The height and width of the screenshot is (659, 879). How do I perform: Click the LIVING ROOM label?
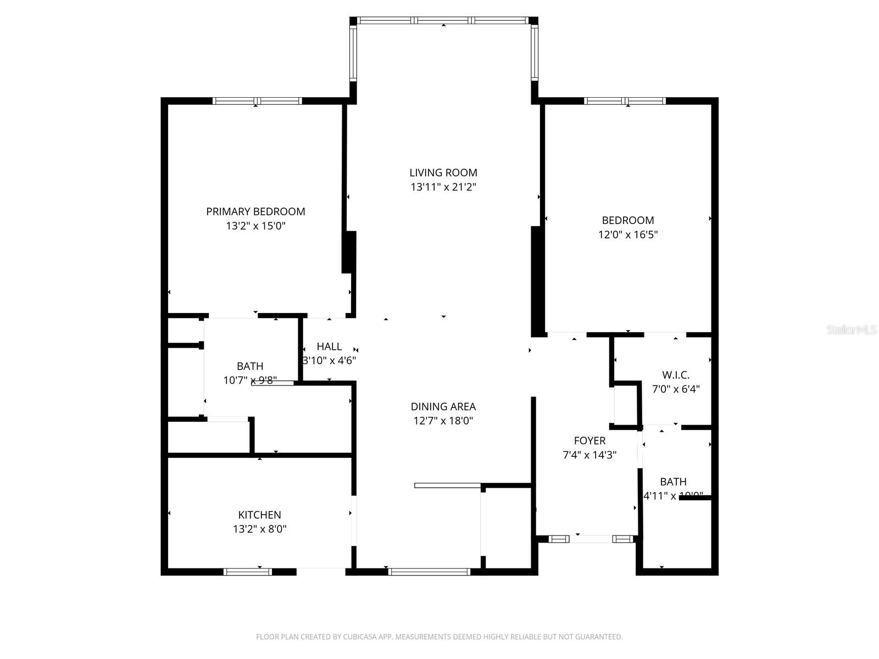pos(443,172)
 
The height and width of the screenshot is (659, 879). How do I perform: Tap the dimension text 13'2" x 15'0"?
pos(255,226)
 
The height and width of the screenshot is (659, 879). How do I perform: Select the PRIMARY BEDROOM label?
pos(255,211)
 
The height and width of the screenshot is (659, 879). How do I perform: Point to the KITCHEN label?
pos(259,515)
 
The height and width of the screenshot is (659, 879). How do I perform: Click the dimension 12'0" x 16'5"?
pos(628,234)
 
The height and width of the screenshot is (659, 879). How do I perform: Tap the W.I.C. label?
pos(675,375)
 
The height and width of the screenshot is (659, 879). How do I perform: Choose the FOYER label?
pos(589,440)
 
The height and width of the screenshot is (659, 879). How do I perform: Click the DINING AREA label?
pos(443,406)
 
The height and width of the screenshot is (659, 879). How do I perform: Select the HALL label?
pos(329,347)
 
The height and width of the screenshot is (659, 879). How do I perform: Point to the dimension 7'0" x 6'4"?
pos(675,389)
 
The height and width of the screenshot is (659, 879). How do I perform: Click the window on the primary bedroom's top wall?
pos(257,101)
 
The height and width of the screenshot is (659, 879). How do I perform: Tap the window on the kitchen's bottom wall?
pos(248,572)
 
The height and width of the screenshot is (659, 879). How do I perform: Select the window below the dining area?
pos(429,572)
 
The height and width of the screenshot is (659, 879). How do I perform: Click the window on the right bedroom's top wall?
pos(625,101)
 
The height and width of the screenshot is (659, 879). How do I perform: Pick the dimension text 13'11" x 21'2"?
pos(443,187)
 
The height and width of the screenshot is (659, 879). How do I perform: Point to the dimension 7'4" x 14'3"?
pos(589,455)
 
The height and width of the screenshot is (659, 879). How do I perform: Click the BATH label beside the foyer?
pos(673,482)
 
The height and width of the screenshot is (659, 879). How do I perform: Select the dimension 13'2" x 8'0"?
pos(259,529)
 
